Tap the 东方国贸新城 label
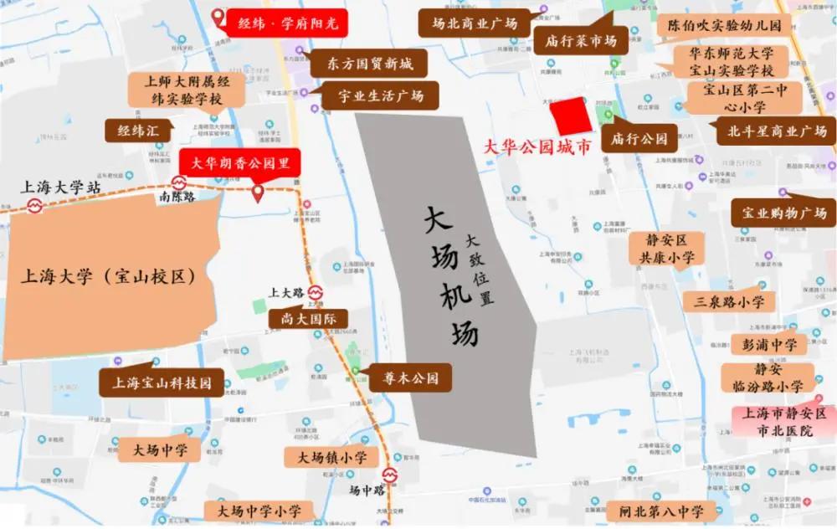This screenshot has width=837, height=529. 365,63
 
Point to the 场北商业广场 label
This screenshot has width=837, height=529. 475,23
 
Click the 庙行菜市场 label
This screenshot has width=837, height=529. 582,40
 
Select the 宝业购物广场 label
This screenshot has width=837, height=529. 783,213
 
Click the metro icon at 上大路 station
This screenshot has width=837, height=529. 315,292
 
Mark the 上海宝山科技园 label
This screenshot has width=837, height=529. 162,384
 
